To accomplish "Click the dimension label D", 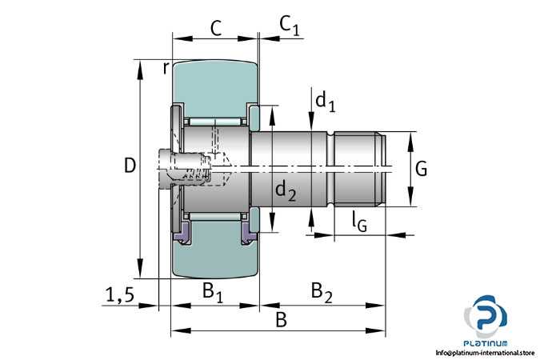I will click(130, 166).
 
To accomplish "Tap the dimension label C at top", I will click(214, 28).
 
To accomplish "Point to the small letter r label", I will click(166, 68).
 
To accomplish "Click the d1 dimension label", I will click(324, 101).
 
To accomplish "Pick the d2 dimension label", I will click(286, 190).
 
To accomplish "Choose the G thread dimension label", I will click(422, 169).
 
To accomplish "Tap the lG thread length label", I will click(359, 224).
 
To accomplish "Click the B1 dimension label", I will click(212, 290).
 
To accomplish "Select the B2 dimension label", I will click(321, 290).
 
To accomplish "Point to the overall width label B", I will click(281, 320).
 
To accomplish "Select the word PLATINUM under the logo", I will click(486, 340).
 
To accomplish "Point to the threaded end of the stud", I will click(360, 167).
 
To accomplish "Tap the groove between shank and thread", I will click(330, 167).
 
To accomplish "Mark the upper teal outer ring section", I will click(212, 84).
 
